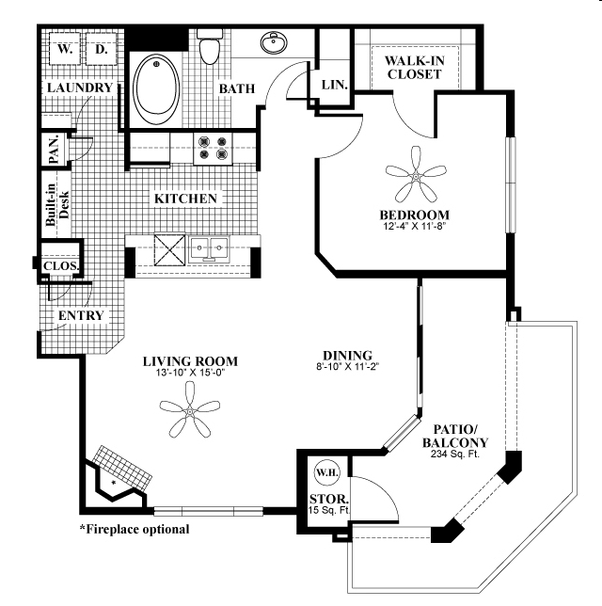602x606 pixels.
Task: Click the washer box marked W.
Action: point(63,48)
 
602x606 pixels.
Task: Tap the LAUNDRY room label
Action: point(79,88)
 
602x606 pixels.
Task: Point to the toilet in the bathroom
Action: point(210,47)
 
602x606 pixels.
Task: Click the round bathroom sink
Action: point(275,43)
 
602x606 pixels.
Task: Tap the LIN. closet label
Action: point(335,85)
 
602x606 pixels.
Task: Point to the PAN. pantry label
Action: point(55,151)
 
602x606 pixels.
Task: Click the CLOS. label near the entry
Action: point(60,266)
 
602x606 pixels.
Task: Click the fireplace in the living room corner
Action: point(120,476)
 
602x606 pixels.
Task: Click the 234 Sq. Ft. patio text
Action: point(455,455)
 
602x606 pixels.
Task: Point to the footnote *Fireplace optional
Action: point(134,529)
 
